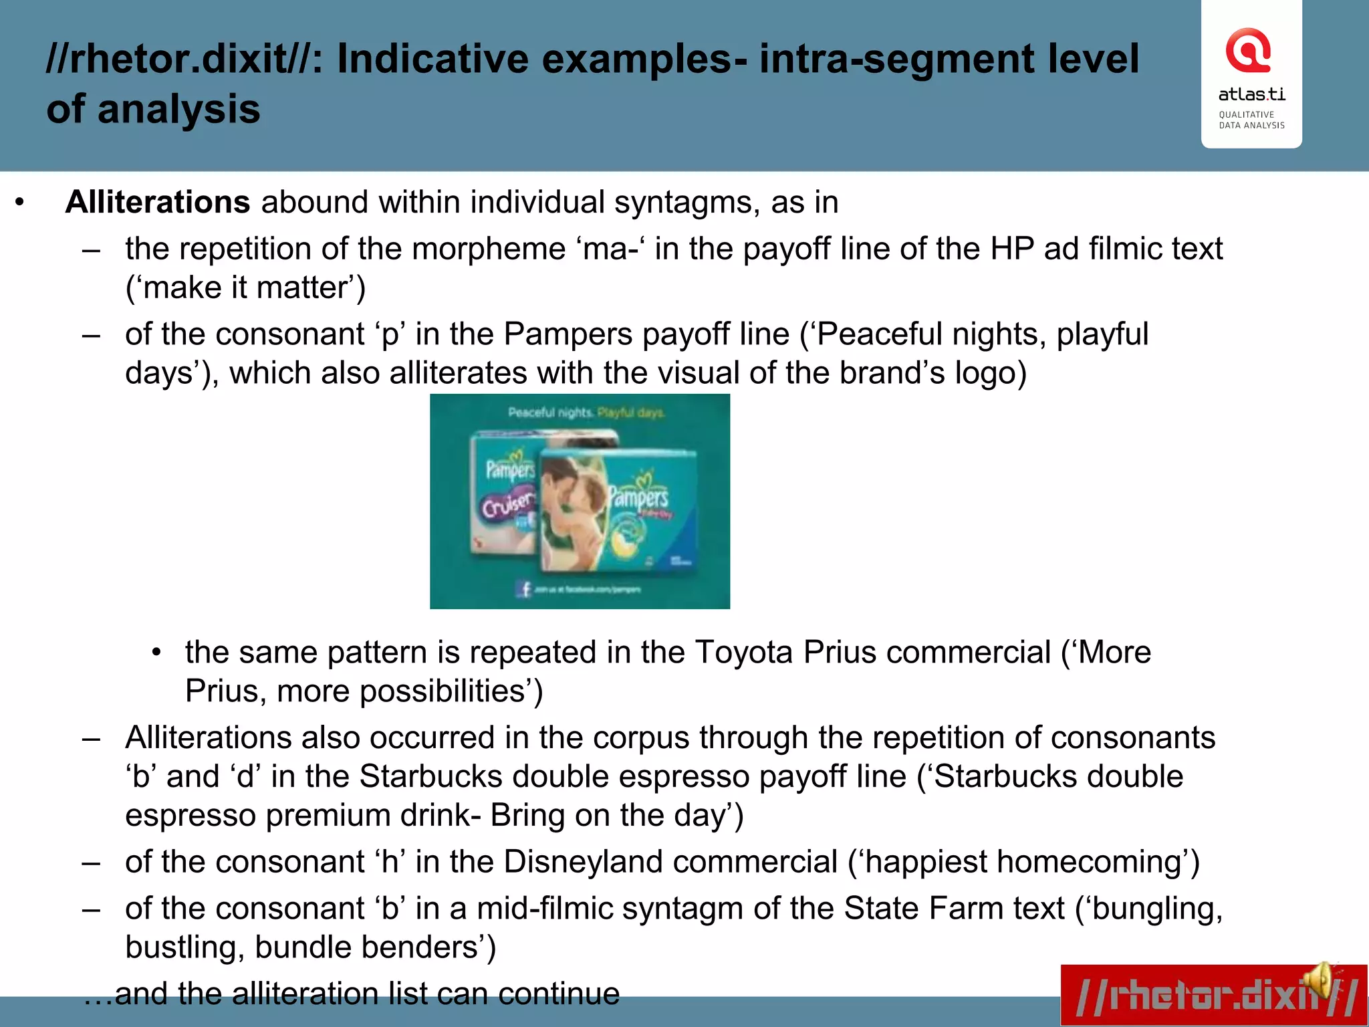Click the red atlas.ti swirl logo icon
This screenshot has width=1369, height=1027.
click(1248, 50)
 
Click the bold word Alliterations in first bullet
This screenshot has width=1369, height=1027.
click(158, 202)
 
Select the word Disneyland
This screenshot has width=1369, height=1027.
click(670, 862)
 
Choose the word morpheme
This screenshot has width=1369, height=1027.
click(488, 249)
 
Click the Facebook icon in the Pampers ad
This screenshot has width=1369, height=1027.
click(524, 588)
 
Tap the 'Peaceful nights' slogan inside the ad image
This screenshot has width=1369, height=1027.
click(550, 413)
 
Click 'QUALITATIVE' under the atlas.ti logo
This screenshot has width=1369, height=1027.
click(1246, 115)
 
